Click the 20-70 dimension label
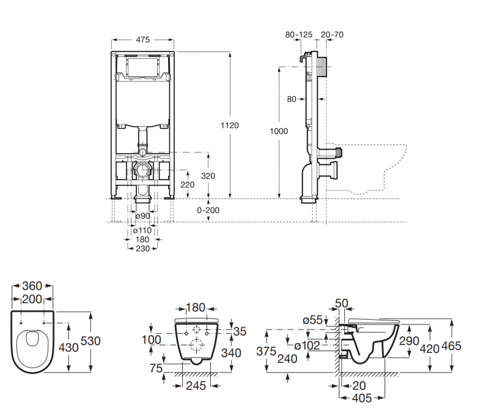(x=331, y=35)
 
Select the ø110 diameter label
(x=142, y=231)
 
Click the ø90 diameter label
(x=142, y=216)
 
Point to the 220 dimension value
(x=188, y=184)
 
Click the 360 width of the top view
(x=32, y=286)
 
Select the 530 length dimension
(x=89, y=341)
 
